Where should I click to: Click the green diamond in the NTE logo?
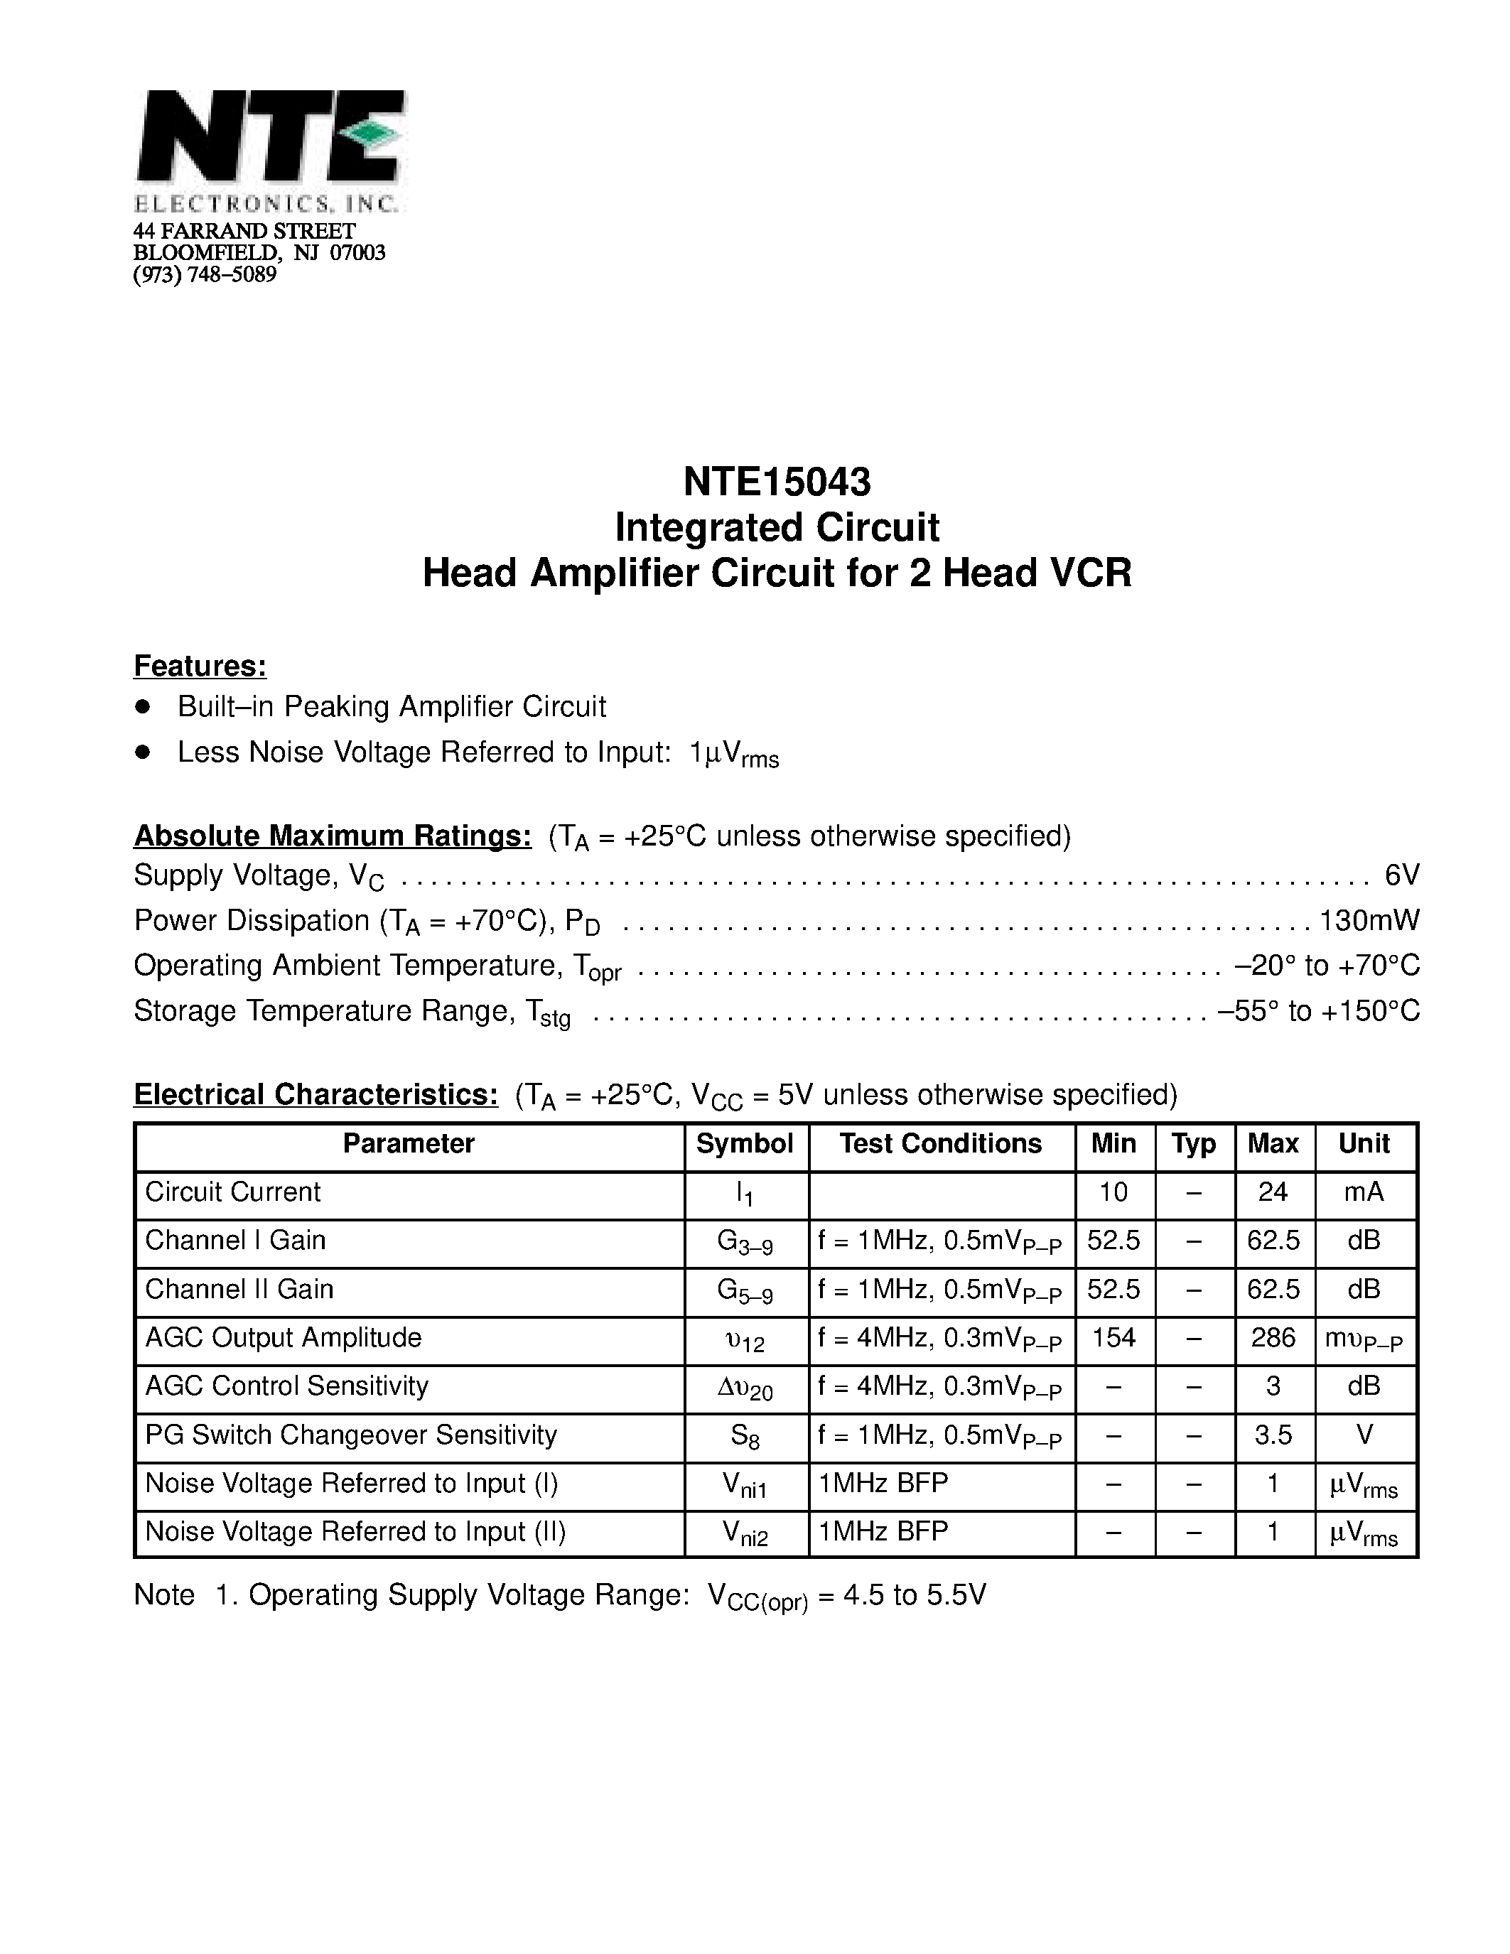(x=373, y=134)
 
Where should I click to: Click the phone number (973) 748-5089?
(x=205, y=275)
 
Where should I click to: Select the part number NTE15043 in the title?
(x=777, y=482)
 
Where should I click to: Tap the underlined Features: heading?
(x=200, y=666)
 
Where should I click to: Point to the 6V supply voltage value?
(x=1401, y=875)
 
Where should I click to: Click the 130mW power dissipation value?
(x=1369, y=921)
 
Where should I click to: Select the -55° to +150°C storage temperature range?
(x=1319, y=1011)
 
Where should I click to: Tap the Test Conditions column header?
(x=940, y=1143)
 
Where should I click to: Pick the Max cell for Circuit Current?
(x=1273, y=1192)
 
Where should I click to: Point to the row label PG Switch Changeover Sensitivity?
(x=350, y=1435)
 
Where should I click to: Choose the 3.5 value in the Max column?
(x=1273, y=1435)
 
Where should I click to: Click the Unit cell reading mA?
(x=1364, y=1192)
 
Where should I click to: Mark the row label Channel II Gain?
(x=239, y=1289)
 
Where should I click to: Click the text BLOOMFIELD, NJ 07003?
(x=259, y=253)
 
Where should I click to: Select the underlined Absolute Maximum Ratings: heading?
(x=333, y=836)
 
